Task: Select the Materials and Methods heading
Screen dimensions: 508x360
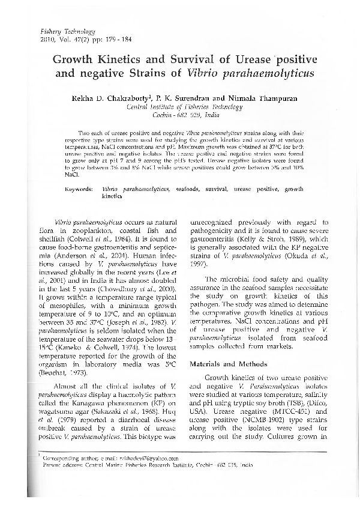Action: point(223,364)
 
